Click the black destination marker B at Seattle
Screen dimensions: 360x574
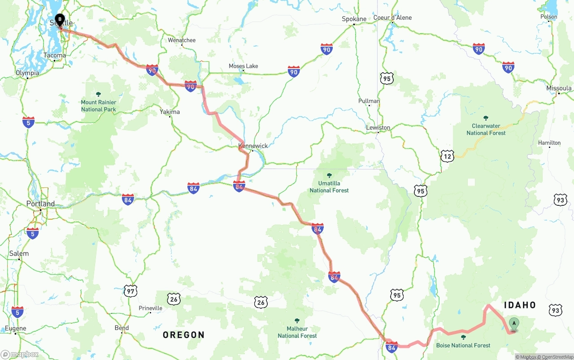click(60, 20)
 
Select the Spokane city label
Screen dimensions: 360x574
click(354, 19)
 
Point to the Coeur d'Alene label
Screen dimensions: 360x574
click(392, 18)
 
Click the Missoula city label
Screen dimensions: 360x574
click(559, 88)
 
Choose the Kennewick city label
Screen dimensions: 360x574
click(253, 146)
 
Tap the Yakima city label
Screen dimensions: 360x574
click(170, 112)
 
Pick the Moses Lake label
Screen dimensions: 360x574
click(243, 66)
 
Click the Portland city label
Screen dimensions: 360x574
click(40, 204)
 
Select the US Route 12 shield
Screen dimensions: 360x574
click(447, 156)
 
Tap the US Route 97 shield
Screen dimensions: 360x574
click(130, 291)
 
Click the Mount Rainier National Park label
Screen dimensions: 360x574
click(98, 106)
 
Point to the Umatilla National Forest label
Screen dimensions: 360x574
click(329, 187)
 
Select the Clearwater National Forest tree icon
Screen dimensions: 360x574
click(486, 118)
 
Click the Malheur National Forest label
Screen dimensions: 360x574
click(297, 332)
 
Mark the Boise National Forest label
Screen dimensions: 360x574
click(463, 345)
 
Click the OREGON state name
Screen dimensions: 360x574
click(183, 335)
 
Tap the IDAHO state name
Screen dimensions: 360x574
click(520, 305)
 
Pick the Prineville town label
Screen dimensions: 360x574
click(150, 308)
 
